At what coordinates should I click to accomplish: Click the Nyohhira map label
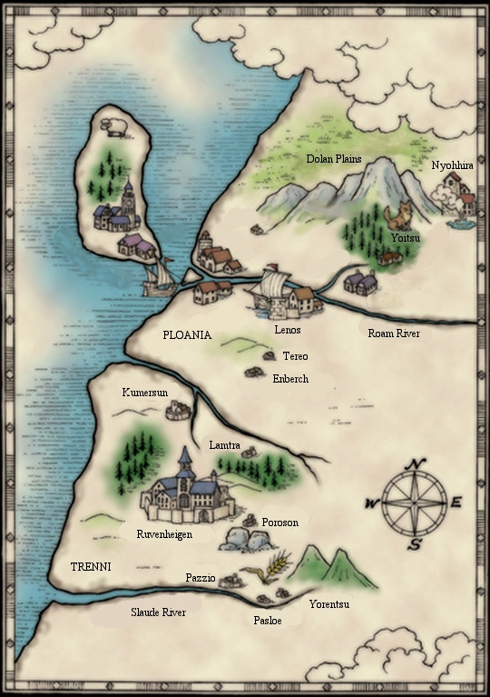coord(448,165)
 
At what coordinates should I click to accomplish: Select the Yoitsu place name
coord(404,237)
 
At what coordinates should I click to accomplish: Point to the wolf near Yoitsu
coord(397,216)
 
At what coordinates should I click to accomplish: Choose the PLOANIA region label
coord(187,335)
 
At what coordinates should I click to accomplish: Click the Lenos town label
coord(288,330)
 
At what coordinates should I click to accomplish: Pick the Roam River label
coord(394,334)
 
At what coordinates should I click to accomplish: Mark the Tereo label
coord(296,356)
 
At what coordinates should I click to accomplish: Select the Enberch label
coord(290,378)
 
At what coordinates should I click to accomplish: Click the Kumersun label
coord(146,393)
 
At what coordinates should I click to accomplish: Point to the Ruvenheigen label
coord(164,534)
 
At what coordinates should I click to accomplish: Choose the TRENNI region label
coord(91,566)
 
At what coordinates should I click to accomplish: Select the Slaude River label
coord(158,612)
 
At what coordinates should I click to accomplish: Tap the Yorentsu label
coord(329,604)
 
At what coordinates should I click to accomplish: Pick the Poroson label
coord(279,523)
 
